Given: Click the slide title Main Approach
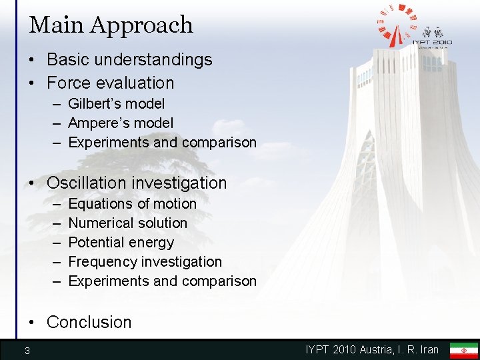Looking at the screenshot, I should [111, 25].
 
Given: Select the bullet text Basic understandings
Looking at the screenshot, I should [129, 59].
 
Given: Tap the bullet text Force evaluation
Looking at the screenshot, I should [110, 83].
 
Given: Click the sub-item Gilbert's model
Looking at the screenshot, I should [117, 103].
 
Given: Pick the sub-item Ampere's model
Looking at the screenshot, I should [121, 123].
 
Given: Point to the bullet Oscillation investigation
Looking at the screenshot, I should [137, 183].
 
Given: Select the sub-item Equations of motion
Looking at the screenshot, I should [132, 203].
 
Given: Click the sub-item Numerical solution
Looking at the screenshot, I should [127, 223].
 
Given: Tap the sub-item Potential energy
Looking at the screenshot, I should [121, 242].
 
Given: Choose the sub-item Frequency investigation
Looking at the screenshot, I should [145, 261].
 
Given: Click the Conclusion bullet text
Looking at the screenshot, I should [89, 322].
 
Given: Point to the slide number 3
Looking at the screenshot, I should [27, 351].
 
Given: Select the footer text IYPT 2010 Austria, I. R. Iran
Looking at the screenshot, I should [372, 349].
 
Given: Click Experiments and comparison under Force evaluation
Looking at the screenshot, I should [162, 142].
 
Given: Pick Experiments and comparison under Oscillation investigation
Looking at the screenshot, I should [162, 281].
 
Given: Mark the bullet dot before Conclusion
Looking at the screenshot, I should [33, 323].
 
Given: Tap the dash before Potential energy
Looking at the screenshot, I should [54, 243].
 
